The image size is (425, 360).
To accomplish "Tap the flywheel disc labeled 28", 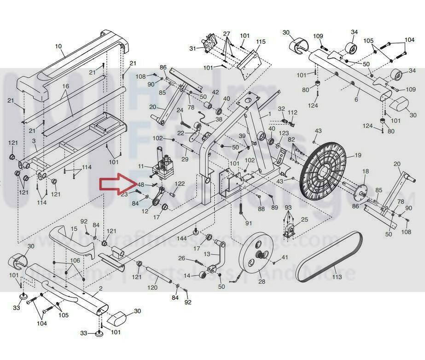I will pyautogui.click(x=254, y=258).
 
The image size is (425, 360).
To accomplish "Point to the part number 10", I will pyautogui.click(x=58, y=46).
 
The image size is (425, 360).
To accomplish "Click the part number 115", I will pyautogui.click(x=261, y=42).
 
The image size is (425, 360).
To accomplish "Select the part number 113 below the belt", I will pyautogui.click(x=337, y=277).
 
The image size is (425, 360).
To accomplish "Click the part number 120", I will pyautogui.click(x=152, y=288).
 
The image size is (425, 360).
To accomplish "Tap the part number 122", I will pyautogui.click(x=180, y=184).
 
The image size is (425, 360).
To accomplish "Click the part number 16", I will pyautogui.click(x=65, y=87).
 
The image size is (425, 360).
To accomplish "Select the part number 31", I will pyautogui.click(x=192, y=48).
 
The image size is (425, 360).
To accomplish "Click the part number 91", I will pyautogui.click(x=249, y=223).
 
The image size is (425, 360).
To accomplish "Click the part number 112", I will pyautogui.click(x=293, y=113).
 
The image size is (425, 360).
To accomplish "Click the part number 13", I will pyautogui.click(x=207, y=254).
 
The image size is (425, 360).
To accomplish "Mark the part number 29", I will pyautogui.click(x=185, y=159).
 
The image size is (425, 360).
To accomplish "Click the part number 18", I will pyautogui.click(x=366, y=171).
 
